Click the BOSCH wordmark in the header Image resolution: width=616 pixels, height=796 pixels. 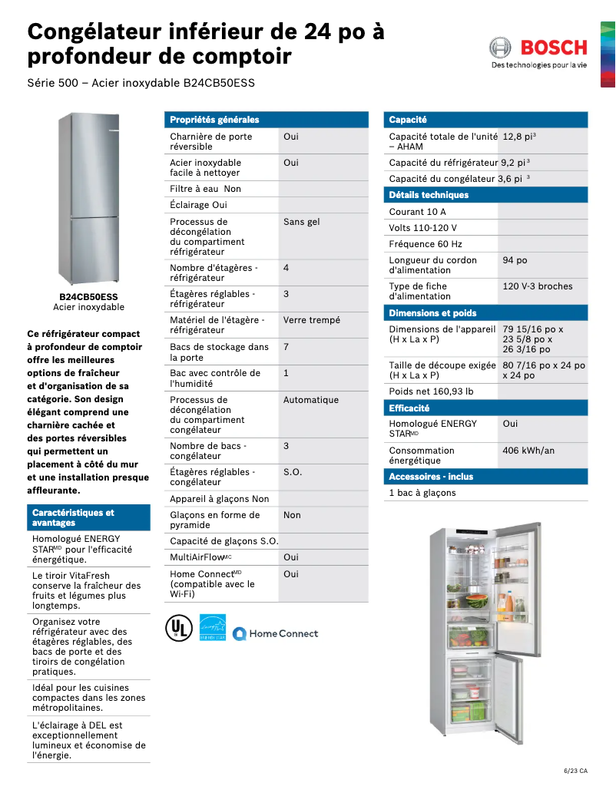[554, 48]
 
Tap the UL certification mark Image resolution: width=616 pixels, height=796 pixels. [177, 628]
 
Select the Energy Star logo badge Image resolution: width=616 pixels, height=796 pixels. [213, 627]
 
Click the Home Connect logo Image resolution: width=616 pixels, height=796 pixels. [275, 633]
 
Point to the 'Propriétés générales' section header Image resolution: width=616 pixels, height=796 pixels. [214, 120]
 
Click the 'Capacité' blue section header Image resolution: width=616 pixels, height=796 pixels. [408, 120]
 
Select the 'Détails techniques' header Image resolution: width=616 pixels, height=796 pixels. [429, 195]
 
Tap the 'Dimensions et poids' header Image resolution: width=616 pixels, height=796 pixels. [432, 313]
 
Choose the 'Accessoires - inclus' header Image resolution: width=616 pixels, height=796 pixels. [431, 477]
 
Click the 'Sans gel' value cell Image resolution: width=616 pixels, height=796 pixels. [302, 222]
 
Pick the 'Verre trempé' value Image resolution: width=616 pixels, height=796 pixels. [312, 320]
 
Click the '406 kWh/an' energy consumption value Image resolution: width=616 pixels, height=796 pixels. [528, 451]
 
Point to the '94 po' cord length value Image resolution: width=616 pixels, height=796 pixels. [515, 260]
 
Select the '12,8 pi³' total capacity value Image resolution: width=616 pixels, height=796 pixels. [519, 137]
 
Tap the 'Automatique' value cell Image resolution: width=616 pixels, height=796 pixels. [311, 400]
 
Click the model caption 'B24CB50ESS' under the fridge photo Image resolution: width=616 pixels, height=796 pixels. [88, 296]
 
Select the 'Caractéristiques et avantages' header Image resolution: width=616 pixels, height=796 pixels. [73, 517]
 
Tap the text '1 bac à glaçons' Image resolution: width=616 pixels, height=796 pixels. [422, 493]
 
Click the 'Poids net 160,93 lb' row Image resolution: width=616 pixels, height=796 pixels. [431, 391]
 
